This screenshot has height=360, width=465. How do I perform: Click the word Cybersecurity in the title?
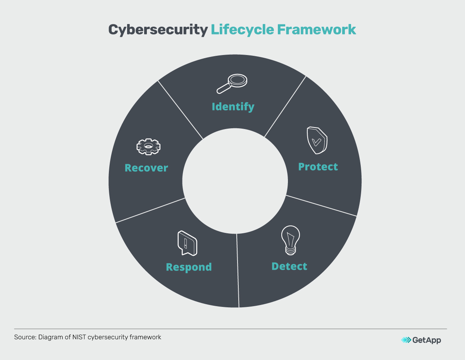point(158,29)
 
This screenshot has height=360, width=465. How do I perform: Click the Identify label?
point(233,107)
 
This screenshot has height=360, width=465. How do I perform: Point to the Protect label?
point(318,167)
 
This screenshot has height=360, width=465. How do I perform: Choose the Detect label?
point(289,267)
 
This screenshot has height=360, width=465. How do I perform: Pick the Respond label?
point(189,267)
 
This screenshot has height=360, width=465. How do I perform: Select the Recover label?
point(146,168)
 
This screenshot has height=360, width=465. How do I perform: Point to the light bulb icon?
point(290,241)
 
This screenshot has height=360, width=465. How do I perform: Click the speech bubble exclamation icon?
point(187,243)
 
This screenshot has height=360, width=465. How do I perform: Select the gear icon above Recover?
point(148,146)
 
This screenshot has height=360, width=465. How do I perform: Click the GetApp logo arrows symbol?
point(406,340)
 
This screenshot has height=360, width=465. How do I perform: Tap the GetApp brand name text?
point(427,340)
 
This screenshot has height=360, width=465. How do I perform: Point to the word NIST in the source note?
point(79,337)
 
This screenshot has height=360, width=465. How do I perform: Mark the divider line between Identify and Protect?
point(285,107)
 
